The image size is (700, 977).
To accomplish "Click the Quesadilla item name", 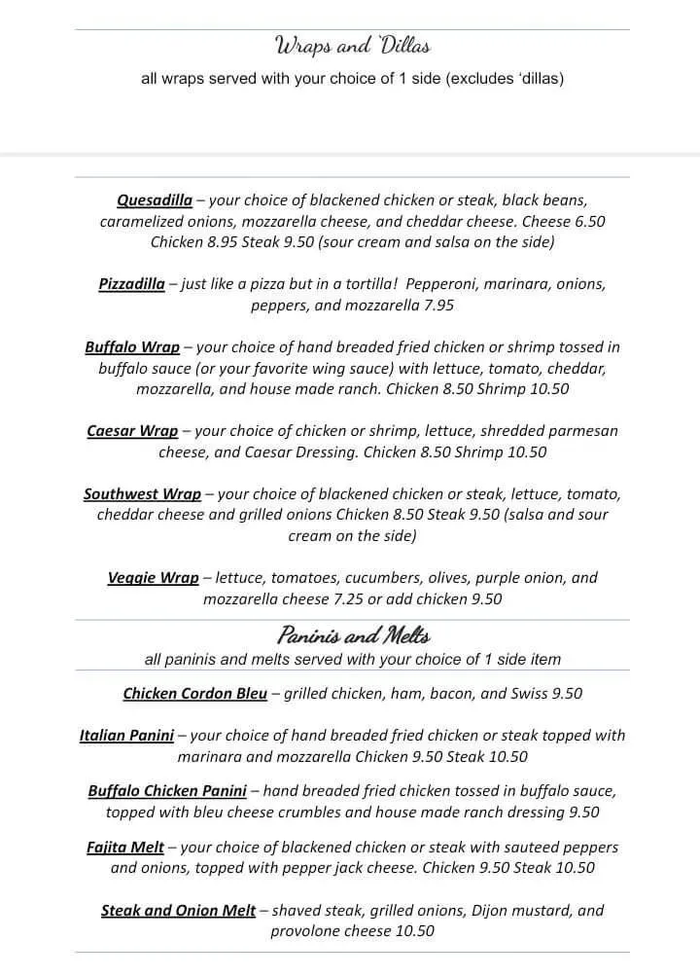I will click(x=155, y=200).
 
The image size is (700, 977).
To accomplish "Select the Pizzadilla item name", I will click(x=131, y=284).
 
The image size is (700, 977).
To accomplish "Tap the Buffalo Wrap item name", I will click(x=132, y=346).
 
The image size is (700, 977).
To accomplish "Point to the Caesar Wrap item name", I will click(x=132, y=430).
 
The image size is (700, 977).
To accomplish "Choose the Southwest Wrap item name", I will click(x=142, y=493).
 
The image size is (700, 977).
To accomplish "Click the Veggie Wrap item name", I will click(x=153, y=577).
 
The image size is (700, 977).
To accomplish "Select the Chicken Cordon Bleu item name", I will click(x=193, y=693).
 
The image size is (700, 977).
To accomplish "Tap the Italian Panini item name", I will click(x=126, y=735).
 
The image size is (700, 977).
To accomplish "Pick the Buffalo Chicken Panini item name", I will click(x=167, y=790).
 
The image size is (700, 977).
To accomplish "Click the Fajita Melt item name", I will click(x=125, y=847).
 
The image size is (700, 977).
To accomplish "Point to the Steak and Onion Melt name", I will click(x=178, y=910).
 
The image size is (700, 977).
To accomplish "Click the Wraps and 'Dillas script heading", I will click(x=352, y=46).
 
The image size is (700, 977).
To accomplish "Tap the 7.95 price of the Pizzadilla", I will click(x=437, y=305).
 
